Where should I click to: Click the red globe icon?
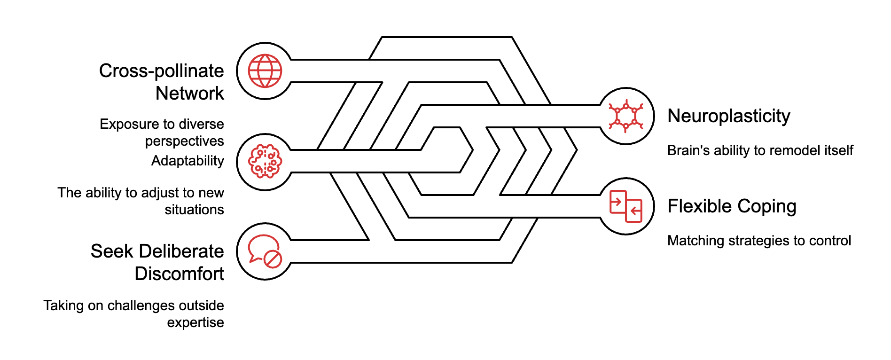(x=265, y=71)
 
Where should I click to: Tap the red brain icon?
(x=265, y=162)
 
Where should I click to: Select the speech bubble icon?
(x=265, y=251)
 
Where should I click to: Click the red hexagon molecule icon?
(x=626, y=116)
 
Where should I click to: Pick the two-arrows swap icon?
(x=626, y=206)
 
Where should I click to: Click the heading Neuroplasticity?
(x=728, y=116)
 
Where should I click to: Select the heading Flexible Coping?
(x=732, y=206)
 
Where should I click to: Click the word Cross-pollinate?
(x=162, y=71)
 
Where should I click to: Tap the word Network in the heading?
(x=190, y=94)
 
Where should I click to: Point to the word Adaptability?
(x=188, y=161)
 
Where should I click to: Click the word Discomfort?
(x=179, y=274)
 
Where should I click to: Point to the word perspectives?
(x=184, y=141)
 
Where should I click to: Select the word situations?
(x=194, y=210)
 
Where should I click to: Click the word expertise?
(x=195, y=323)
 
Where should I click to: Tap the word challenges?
(x=134, y=305)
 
